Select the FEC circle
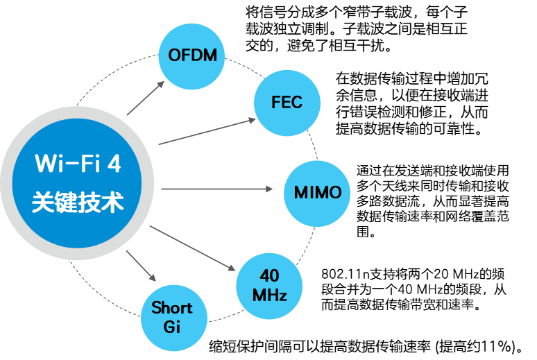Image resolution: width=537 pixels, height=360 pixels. coord(287,103)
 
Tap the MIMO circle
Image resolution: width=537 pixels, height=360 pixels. coord(317,191)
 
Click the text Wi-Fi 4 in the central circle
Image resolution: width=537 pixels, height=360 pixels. coord(78,165)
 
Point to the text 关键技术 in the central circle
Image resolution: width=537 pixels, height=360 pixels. coord(78,203)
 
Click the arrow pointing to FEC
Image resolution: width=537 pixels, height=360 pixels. coord(208,131)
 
